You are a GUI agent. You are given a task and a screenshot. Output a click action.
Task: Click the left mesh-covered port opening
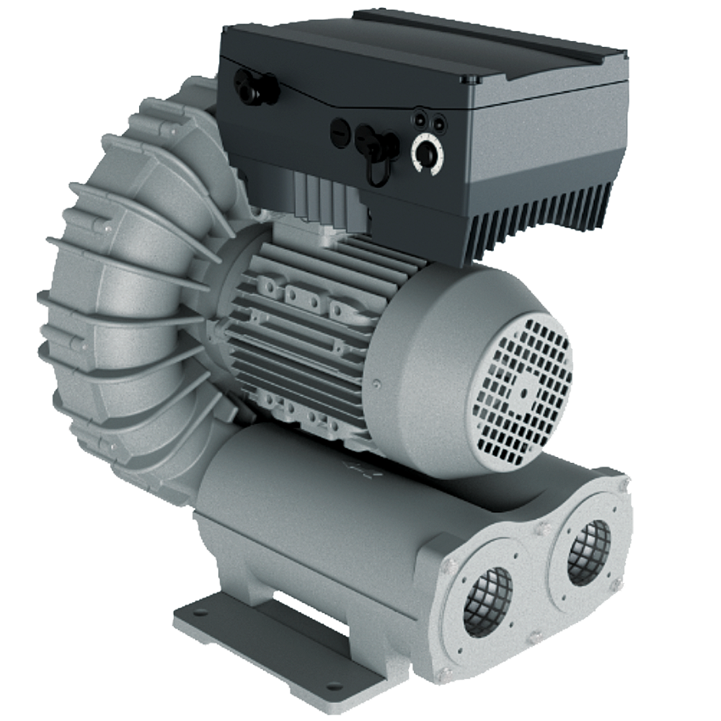pos(487,601)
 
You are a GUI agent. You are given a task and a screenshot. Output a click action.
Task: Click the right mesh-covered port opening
pos(588,552)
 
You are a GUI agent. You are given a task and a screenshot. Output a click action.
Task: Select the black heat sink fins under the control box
pos(534,216)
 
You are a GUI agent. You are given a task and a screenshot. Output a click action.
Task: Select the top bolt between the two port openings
pos(539,530)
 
